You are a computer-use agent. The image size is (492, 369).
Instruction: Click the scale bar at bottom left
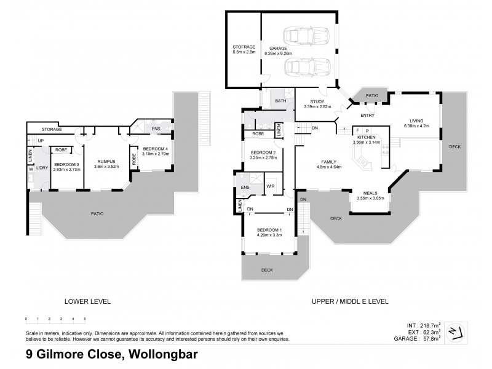[x=55, y=320]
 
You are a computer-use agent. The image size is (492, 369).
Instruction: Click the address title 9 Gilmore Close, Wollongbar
[x=111, y=354]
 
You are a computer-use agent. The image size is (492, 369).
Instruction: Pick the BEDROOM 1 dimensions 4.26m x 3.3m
[x=269, y=235]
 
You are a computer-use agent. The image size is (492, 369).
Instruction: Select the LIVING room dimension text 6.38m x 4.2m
[x=417, y=125]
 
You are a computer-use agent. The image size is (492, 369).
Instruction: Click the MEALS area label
[x=369, y=193]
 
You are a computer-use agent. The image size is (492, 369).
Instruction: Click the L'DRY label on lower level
[x=42, y=168]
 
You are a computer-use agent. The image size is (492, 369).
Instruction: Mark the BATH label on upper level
[x=280, y=101]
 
